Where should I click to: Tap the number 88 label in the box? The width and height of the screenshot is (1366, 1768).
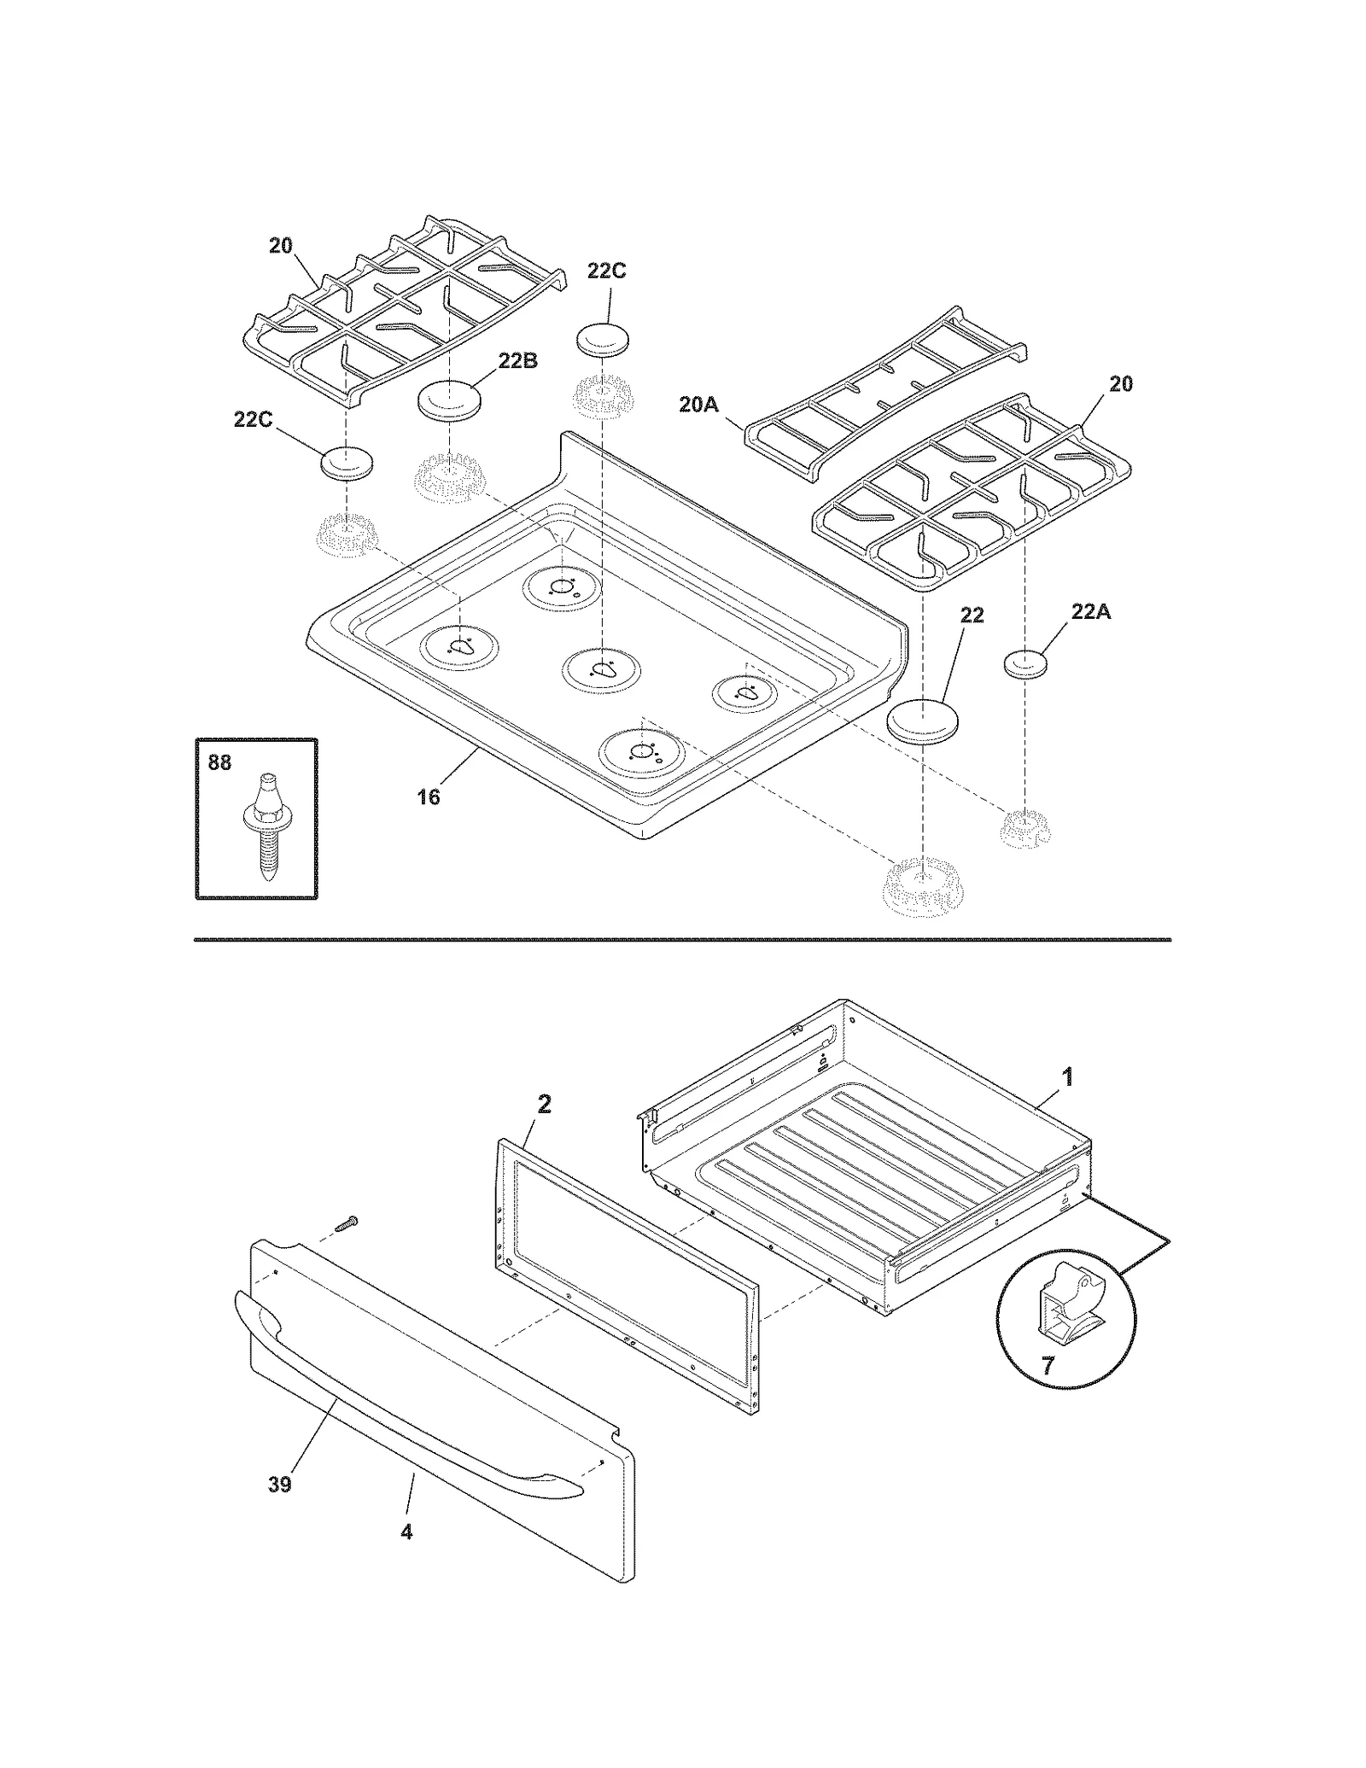click(219, 762)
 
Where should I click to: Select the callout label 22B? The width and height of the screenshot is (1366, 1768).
click(517, 360)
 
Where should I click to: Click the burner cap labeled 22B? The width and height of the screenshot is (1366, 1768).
click(448, 400)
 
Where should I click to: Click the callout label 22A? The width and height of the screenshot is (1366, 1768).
click(1090, 611)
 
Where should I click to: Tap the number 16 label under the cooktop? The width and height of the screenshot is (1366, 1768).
click(428, 796)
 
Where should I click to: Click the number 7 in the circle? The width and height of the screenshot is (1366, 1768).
click(1048, 1364)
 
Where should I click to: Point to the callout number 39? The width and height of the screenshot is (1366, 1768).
click(279, 1484)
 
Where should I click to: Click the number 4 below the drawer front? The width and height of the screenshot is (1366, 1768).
click(406, 1532)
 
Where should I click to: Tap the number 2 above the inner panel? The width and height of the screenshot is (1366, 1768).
click(544, 1104)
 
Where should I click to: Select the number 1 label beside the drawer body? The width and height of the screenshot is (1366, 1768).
click(1066, 1077)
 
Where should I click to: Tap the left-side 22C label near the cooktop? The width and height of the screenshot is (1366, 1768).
click(253, 419)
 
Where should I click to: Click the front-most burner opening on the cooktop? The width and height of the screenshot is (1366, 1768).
click(641, 751)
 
